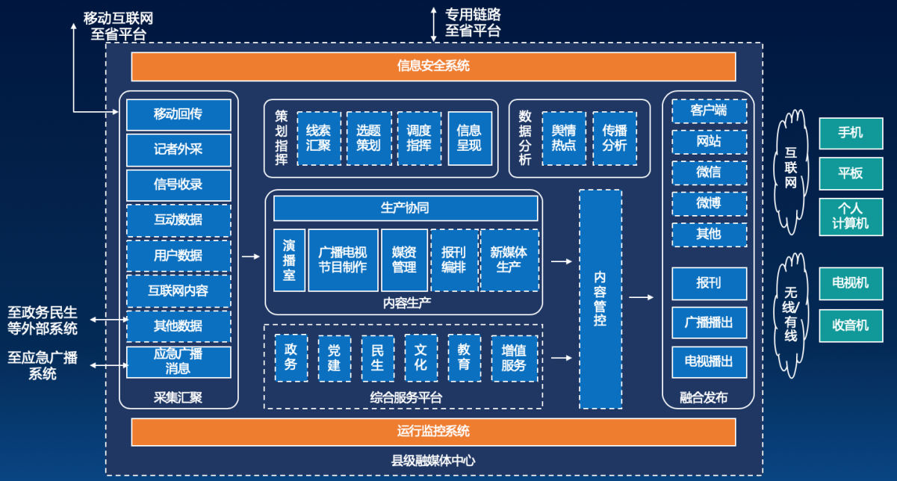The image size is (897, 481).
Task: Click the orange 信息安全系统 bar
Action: (433, 66)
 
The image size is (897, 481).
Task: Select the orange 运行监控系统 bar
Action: (433, 432)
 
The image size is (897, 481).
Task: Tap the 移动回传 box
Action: (179, 115)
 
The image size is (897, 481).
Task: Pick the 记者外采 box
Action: (179, 150)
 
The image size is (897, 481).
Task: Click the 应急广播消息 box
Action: (179, 362)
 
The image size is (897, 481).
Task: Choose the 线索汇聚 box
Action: (319, 138)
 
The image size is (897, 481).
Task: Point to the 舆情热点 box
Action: (564, 138)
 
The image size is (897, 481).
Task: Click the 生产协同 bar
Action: (406, 208)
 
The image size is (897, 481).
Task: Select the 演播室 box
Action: (289, 261)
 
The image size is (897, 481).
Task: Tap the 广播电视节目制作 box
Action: (343, 261)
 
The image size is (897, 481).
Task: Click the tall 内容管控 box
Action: (600, 300)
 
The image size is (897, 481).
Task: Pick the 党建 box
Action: (335, 358)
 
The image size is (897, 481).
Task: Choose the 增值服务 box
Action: (514, 358)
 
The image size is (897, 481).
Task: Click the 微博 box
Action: (710, 204)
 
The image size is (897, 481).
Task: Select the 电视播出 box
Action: (710, 362)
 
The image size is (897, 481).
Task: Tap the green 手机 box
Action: (851, 134)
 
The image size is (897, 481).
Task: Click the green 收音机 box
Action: (851, 326)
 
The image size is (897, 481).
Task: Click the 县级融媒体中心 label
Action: (433, 461)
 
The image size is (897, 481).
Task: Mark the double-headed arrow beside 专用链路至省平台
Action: (433, 25)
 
